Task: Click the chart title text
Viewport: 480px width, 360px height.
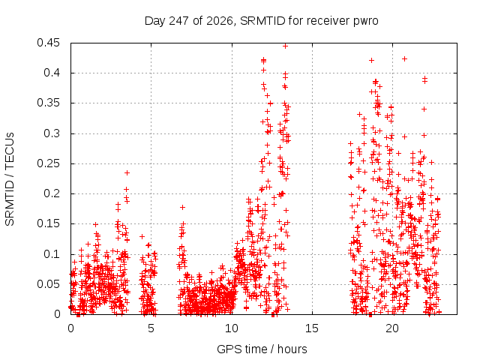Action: pyautogui.click(x=262, y=21)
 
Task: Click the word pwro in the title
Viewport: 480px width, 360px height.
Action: pyautogui.click(x=366, y=22)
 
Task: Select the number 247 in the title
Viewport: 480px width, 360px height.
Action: pyautogui.click(x=178, y=21)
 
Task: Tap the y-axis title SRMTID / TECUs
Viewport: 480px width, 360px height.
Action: pyautogui.click(x=10, y=179)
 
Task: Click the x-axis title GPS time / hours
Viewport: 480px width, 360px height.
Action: pyautogui.click(x=262, y=349)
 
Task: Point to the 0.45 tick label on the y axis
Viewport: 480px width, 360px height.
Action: pyautogui.click(x=48, y=43)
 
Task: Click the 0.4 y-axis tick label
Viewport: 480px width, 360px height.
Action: pyautogui.click(x=52, y=73)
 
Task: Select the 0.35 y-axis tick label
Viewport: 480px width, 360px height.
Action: pyautogui.click(x=48, y=103)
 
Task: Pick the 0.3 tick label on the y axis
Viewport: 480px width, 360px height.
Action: pyautogui.click(x=52, y=133)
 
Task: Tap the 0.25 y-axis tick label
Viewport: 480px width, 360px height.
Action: pyautogui.click(x=48, y=163)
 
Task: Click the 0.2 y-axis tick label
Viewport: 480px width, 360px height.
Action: pyautogui.click(x=52, y=193)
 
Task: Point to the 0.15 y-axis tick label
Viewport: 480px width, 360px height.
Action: pyautogui.click(x=48, y=223)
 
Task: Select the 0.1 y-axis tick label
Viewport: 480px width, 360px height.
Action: pyautogui.click(x=52, y=254)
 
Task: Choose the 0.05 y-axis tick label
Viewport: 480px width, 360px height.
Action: pyautogui.click(x=48, y=284)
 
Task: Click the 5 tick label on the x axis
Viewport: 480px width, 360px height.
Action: pyautogui.click(x=151, y=328)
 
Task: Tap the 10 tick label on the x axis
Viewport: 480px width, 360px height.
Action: pyautogui.click(x=232, y=328)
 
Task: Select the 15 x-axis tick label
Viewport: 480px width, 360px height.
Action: pyautogui.click(x=312, y=328)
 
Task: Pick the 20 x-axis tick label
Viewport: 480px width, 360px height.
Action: pyautogui.click(x=392, y=328)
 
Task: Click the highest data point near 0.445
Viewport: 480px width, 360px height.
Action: pyautogui.click(x=285, y=46)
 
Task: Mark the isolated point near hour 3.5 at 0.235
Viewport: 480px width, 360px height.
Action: pyautogui.click(x=127, y=173)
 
